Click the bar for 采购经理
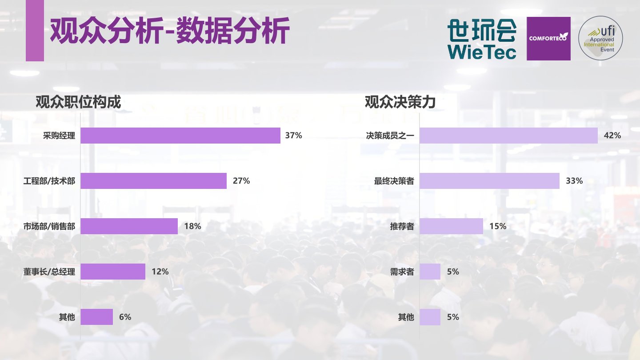pos(180,136)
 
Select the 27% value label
pos(241,181)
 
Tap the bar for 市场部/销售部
pos(129,226)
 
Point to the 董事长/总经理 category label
pos(49,272)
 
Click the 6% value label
pos(125,317)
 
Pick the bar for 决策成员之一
pos(508,136)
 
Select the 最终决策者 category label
pos(394,181)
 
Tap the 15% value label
pos(498,226)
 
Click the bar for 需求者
pos(430,272)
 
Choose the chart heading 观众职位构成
pos(78,103)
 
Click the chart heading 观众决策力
pos(400,103)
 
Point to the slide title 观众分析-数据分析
pos(170,31)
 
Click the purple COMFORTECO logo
pos(548,39)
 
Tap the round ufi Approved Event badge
pos(600,39)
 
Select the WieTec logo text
pos(482,52)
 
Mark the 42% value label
pos(612,136)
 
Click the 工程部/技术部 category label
pos(49,181)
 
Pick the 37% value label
pos(293,136)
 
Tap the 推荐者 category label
pos(402,226)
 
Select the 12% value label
pos(160,272)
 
